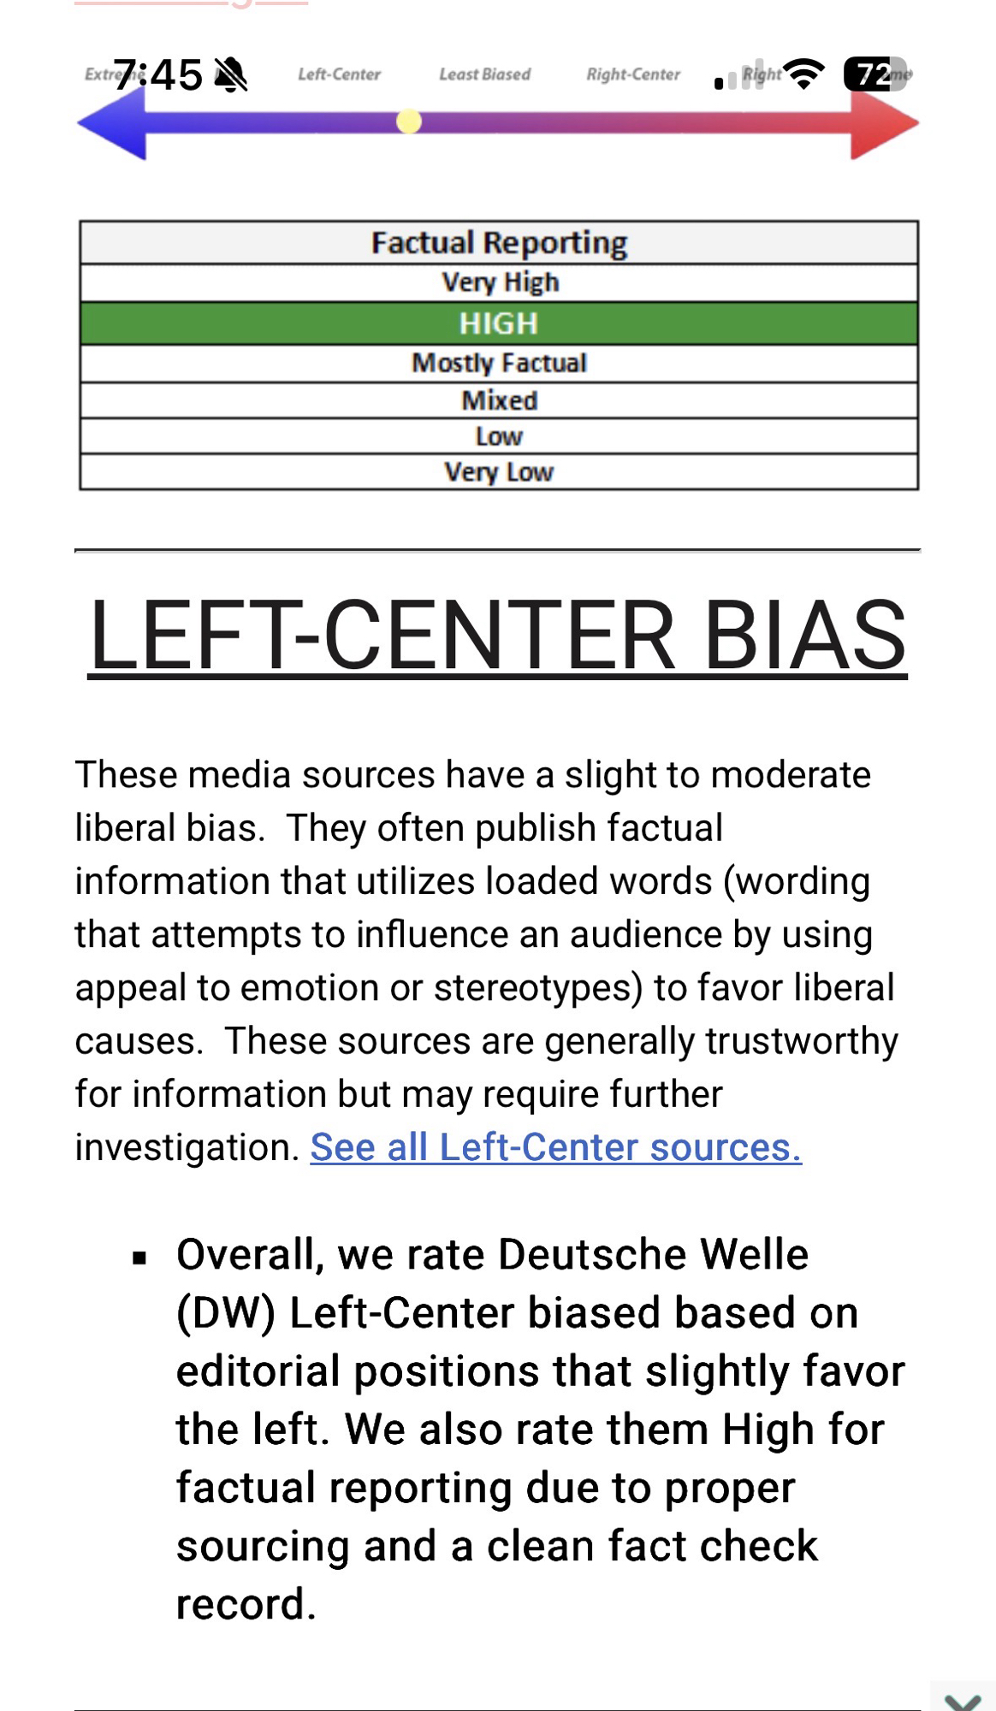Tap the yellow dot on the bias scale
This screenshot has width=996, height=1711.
(x=409, y=122)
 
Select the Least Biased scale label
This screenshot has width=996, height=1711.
(x=484, y=74)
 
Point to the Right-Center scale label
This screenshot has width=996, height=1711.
(x=633, y=74)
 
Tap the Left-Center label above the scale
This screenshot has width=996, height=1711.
(x=339, y=74)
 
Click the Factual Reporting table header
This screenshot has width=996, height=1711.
(x=499, y=243)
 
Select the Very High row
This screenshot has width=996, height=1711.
(x=500, y=282)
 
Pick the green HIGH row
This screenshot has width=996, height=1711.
(x=499, y=323)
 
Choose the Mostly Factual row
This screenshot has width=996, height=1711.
(x=499, y=363)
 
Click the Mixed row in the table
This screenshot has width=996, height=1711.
(x=499, y=400)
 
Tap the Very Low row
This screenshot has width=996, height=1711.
(x=499, y=471)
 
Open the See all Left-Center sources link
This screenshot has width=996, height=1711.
(x=555, y=1147)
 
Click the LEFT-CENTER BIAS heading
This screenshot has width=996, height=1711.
(x=497, y=635)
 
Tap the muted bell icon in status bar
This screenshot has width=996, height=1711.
(x=230, y=74)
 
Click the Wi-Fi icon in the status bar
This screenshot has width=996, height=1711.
(x=803, y=74)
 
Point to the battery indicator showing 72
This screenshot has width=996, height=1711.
(x=874, y=74)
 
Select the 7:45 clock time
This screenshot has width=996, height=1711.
(x=158, y=74)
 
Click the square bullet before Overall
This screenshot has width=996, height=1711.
(x=139, y=1258)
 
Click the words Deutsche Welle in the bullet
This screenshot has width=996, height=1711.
(x=653, y=1255)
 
